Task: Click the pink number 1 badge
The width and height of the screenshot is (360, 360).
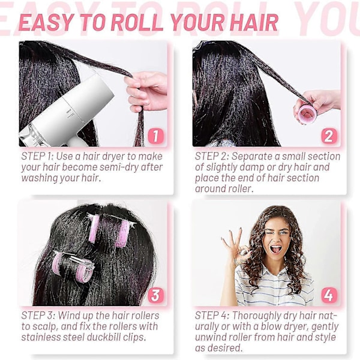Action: (x=155, y=136)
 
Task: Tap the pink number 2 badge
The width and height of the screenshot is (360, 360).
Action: (x=329, y=136)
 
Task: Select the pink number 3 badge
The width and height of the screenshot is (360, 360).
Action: (x=155, y=295)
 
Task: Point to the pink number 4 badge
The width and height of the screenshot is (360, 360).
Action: (x=329, y=295)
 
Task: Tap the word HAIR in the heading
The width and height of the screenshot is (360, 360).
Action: (x=254, y=23)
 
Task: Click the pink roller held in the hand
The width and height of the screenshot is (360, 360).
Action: (x=308, y=113)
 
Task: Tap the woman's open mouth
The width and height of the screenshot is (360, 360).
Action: (x=276, y=249)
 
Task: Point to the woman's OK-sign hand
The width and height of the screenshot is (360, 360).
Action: (x=236, y=245)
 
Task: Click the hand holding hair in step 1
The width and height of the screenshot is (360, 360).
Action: (x=146, y=91)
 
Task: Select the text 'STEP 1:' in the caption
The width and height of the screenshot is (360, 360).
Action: (x=37, y=157)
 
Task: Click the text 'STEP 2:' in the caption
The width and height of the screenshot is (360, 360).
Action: (x=211, y=157)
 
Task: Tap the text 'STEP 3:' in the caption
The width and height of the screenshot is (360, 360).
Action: (x=38, y=316)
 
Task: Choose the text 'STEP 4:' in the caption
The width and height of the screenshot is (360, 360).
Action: (x=212, y=316)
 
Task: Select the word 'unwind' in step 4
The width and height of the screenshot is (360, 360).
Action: (x=211, y=337)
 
